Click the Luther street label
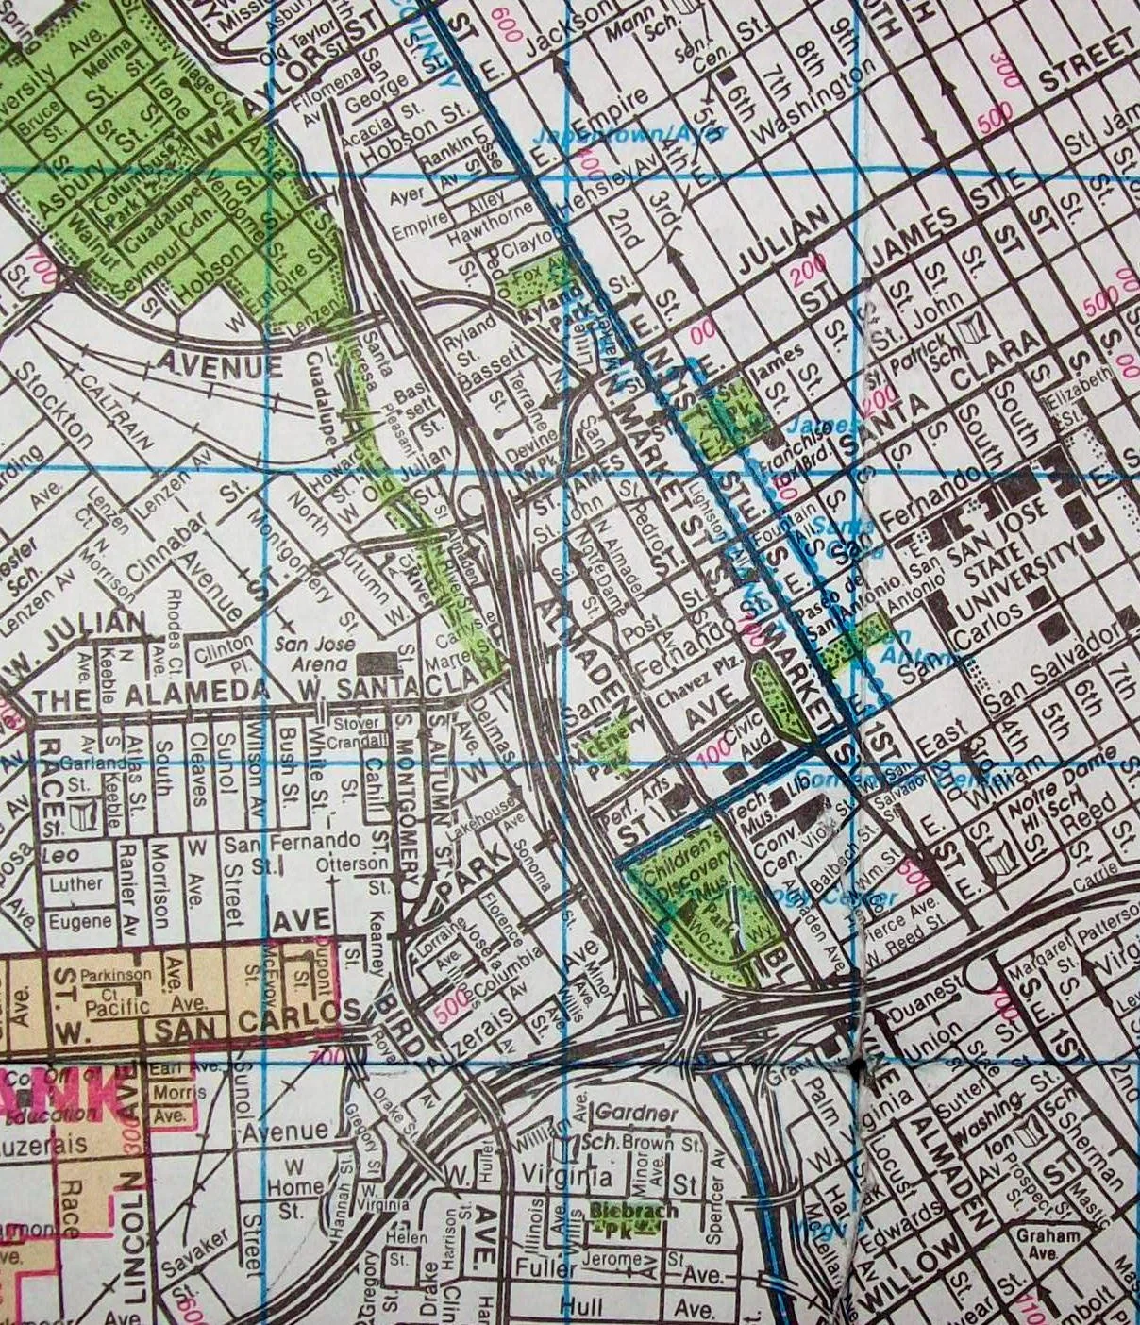(x=75, y=884)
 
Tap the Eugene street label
(x=80, y=920)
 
